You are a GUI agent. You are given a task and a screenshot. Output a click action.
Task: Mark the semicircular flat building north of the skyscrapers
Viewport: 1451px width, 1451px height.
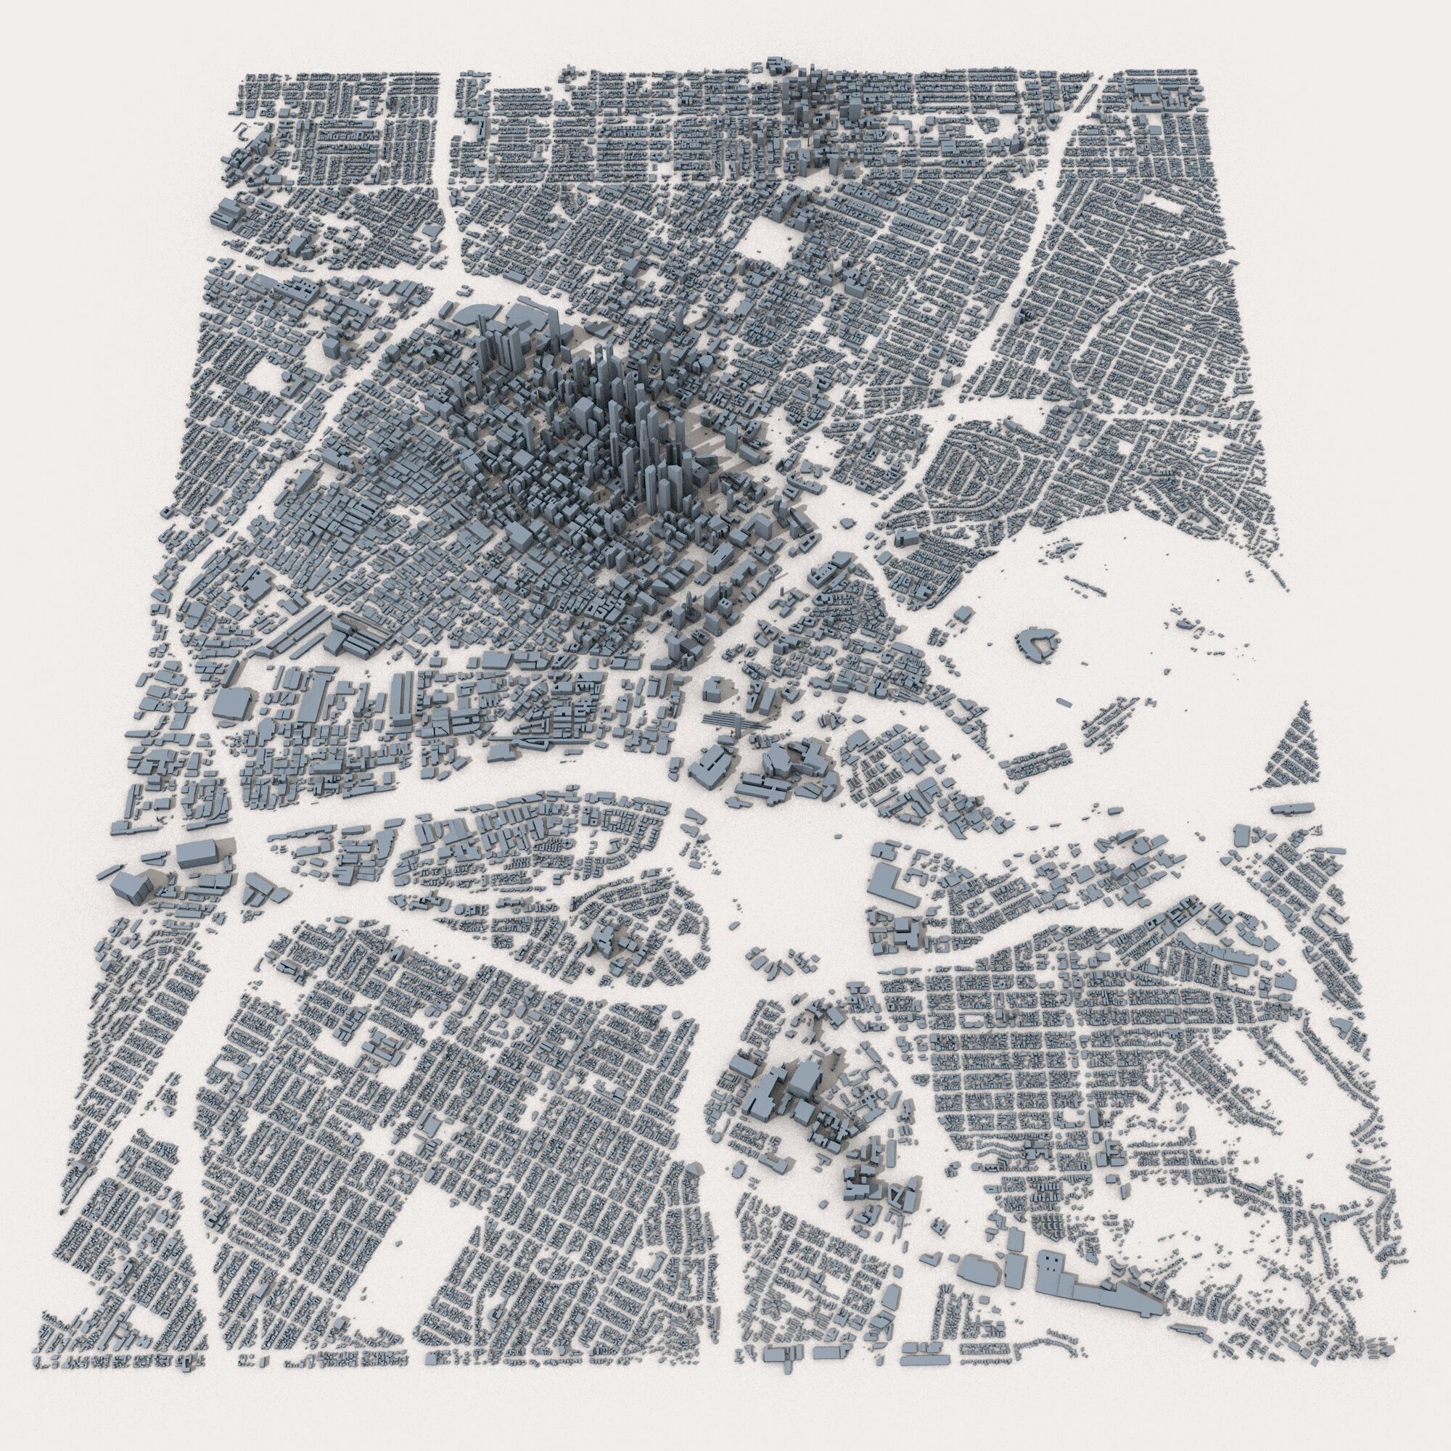point(464,316)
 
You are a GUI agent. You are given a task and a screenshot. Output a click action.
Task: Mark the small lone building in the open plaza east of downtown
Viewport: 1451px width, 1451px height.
point(847,521)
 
